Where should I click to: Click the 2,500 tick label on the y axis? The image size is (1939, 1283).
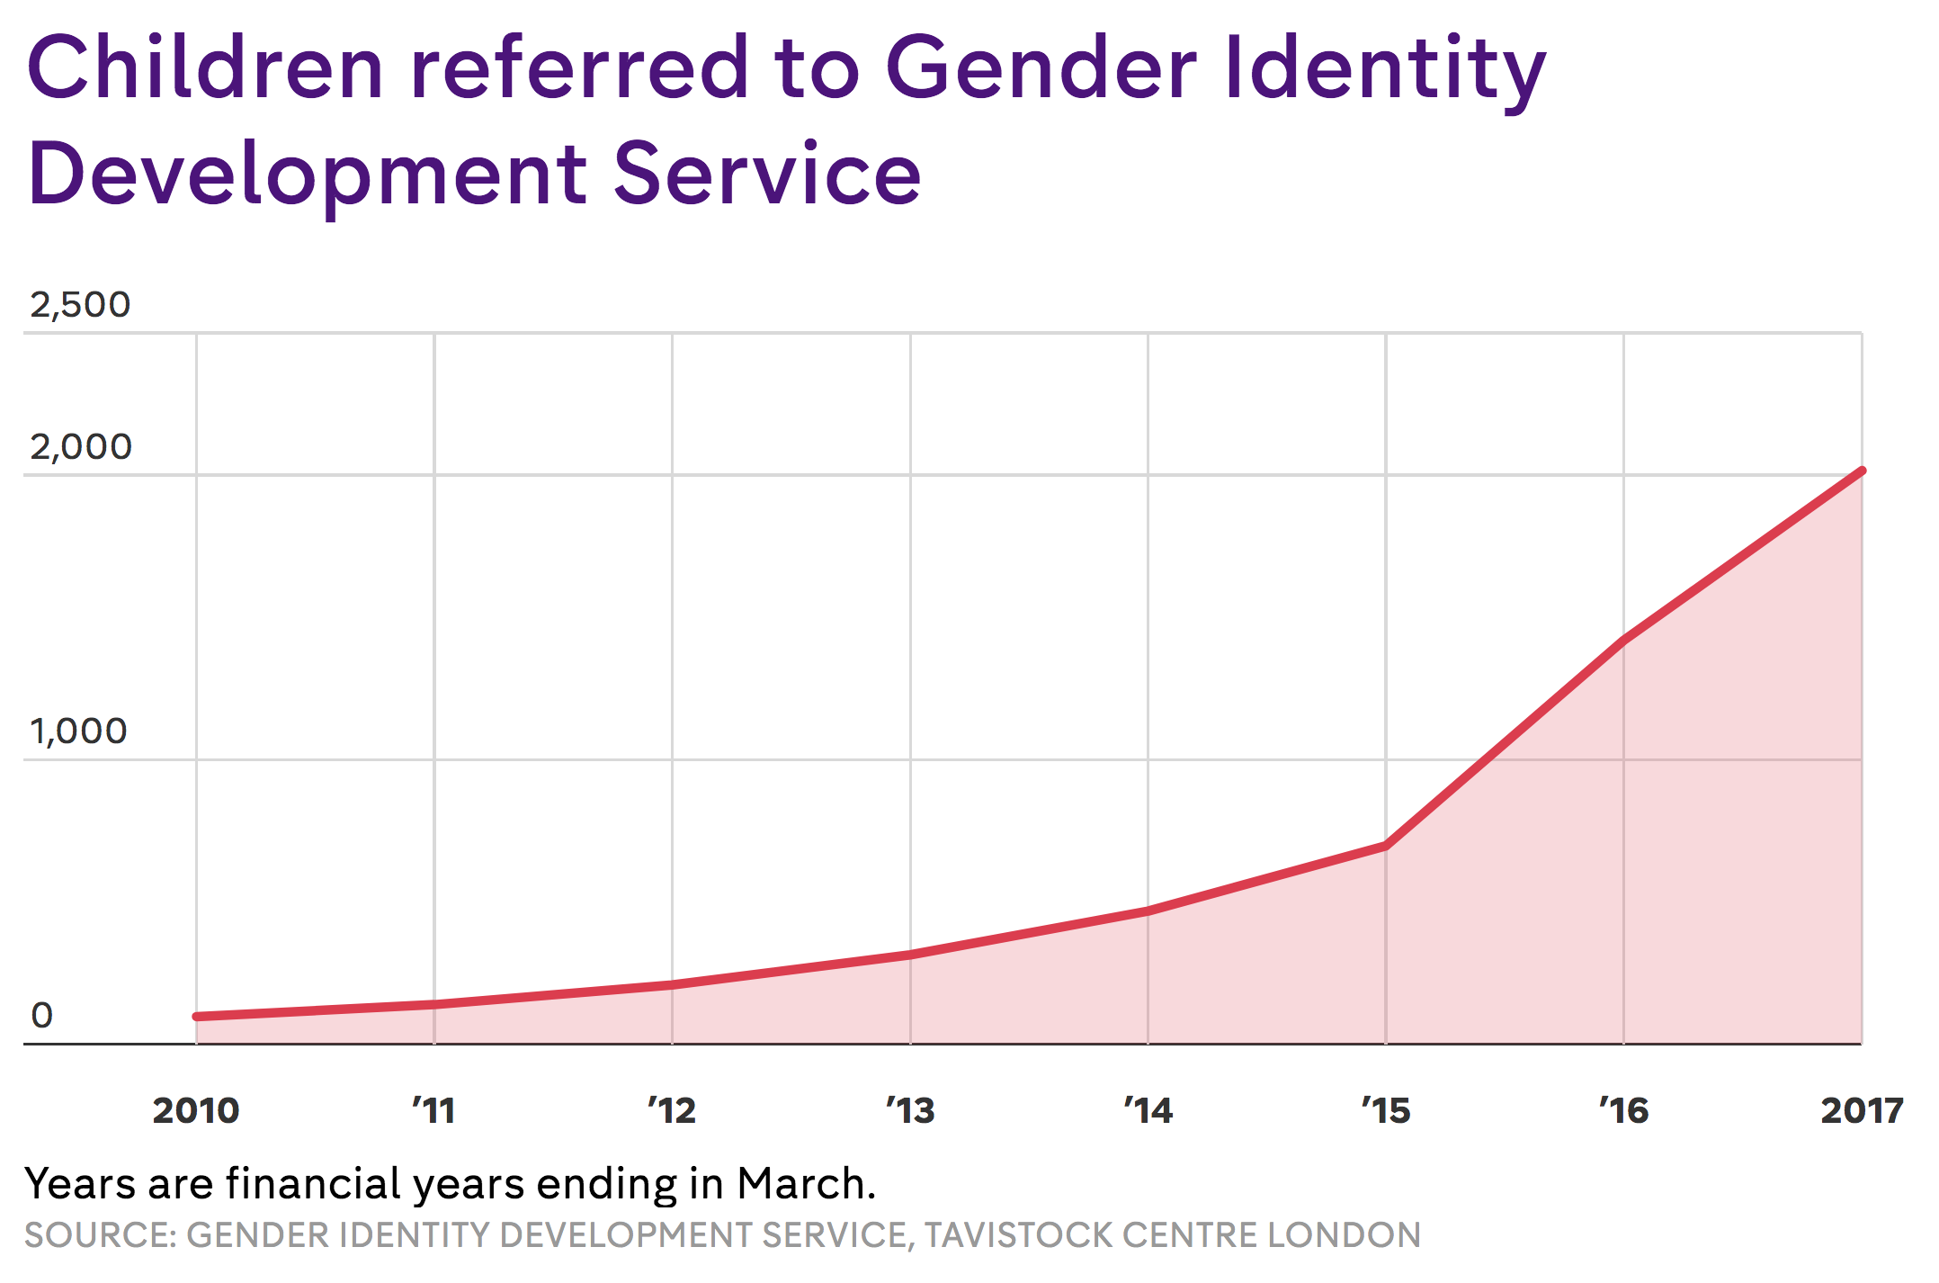point(80,305)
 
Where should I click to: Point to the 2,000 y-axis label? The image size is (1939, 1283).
point(81,447)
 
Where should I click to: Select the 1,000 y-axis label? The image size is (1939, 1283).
point(78,731)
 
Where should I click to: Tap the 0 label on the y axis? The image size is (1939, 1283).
point(42,1016)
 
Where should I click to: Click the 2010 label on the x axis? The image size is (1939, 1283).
point(196,1111)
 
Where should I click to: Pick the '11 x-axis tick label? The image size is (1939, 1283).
point(433,1111)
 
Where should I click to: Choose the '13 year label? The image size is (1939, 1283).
point(910,1111)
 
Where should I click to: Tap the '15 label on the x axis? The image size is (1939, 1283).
point(1386,1111)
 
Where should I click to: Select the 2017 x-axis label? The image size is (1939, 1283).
point(1862,1111)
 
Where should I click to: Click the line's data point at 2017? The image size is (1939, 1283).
point(1862,471)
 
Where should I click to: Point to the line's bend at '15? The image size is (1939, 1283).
point(1386,846)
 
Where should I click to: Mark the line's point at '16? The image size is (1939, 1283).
point(1623,640)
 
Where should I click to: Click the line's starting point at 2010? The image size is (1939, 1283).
point(197,1017)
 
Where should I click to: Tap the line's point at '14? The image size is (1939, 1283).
point(1148,911)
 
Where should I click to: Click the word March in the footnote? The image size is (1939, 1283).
point(806,1184)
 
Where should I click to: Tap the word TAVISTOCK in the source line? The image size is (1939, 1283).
point(1019,1235)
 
